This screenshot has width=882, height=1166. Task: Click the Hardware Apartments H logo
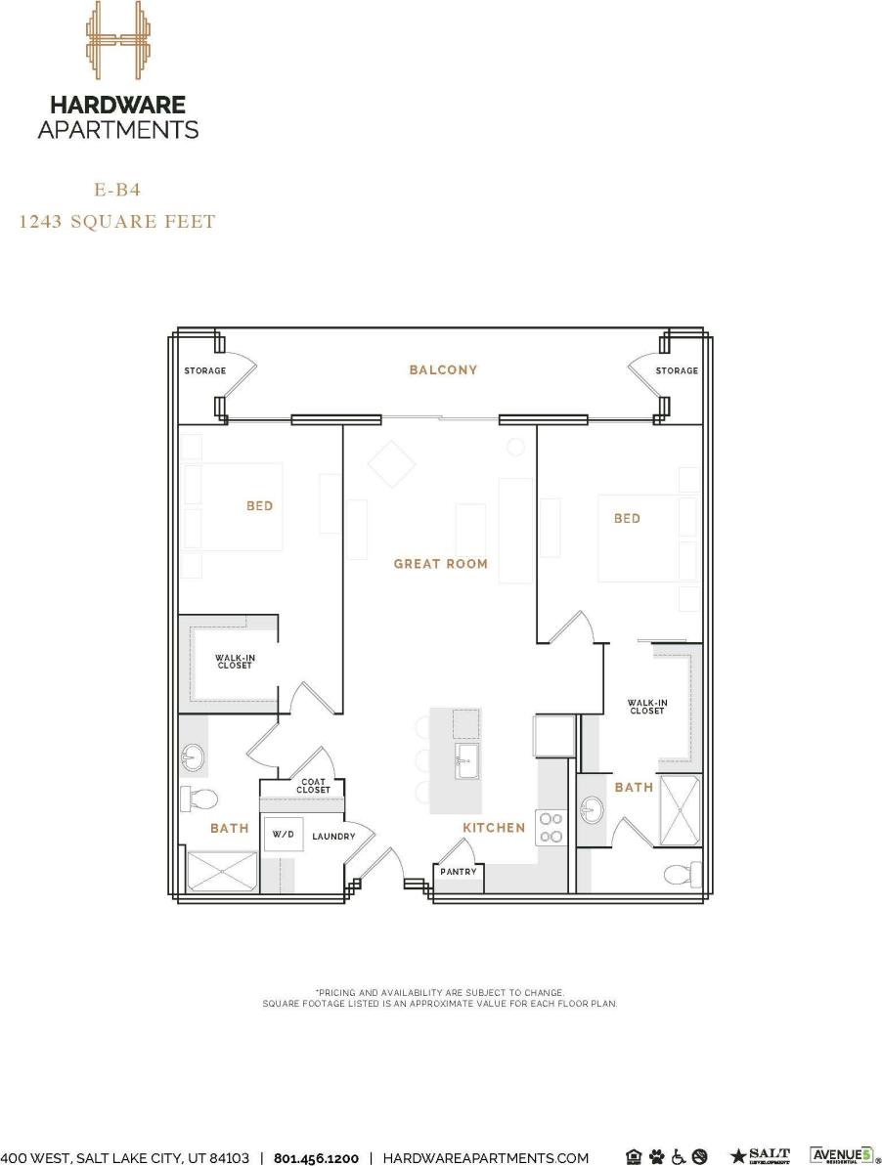117,41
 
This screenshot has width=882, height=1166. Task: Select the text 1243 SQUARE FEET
117,222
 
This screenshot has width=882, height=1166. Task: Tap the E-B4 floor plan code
117,191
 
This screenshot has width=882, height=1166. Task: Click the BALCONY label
443,369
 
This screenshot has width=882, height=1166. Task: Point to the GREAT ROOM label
440,564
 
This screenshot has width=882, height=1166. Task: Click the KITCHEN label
494,828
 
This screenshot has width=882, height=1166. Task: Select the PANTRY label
458,871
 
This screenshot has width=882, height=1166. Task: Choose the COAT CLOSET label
313,786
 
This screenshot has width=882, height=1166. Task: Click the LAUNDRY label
332,837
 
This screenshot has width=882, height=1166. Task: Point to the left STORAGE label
205,370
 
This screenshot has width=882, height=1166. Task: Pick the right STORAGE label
677,370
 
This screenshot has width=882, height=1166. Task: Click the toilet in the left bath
198,799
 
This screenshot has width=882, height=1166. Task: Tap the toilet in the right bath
683,872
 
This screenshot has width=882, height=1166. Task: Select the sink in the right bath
592,809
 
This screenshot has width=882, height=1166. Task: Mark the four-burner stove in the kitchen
549,827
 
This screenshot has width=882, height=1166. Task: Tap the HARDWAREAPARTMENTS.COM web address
485,1158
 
